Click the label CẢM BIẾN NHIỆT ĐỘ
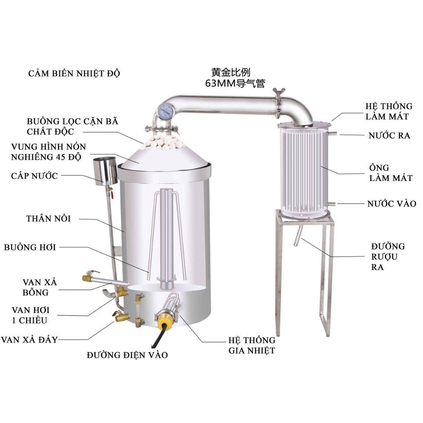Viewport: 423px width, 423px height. click(x=74, y=74)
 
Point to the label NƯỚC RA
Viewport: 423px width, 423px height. click(x=389, y=135)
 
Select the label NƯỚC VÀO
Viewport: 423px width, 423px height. click(x=391, y=204)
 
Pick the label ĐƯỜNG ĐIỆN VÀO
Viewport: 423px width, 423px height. click(x=127, y=355)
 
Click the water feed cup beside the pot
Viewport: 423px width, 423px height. click(x=105, y=170)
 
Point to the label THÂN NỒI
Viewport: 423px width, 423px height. click(x=48, y=218)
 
